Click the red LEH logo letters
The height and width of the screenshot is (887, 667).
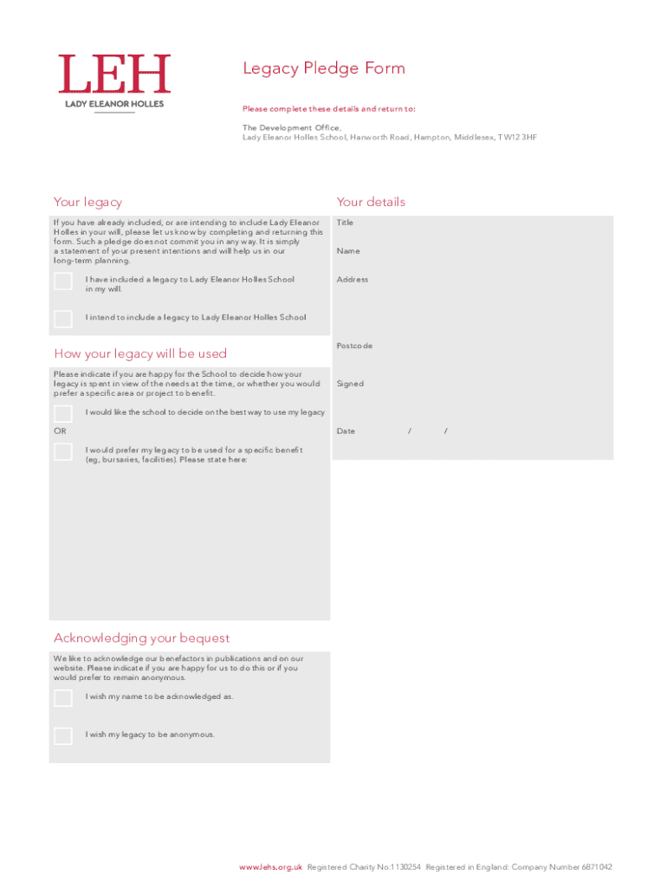point(114,74)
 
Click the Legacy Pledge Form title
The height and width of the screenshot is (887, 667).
point(324,68)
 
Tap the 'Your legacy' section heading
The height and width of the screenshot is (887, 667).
point(87,202)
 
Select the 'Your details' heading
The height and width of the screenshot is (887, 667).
point(371,202)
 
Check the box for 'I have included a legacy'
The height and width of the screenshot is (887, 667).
point(63,282)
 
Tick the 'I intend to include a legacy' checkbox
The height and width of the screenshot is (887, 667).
point(63,319)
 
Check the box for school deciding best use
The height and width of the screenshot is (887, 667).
point(63,413)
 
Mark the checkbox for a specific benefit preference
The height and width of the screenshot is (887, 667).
point(63,451)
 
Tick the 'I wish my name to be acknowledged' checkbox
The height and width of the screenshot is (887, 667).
point(63,698)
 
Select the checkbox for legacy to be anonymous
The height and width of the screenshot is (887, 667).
point(63,736)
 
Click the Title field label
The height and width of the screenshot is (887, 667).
point(345,223)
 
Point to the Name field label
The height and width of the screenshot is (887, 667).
point(348,251)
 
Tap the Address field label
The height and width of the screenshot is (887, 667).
point(353,280)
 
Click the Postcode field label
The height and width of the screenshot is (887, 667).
point(354,346)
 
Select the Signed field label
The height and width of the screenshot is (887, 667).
point(350,384)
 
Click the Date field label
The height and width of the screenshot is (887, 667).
point(346,431)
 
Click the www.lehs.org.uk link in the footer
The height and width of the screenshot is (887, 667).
point(271,867)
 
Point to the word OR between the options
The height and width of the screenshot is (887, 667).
point(60,431)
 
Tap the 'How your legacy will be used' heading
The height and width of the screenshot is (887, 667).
point(140,353)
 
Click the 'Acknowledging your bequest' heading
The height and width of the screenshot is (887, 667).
point(142,638)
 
